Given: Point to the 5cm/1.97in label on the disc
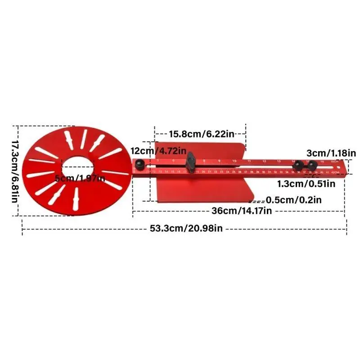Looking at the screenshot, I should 80,179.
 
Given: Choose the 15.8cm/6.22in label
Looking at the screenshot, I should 202,134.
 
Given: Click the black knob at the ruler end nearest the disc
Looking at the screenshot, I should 140,165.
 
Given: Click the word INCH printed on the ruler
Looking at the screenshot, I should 333,161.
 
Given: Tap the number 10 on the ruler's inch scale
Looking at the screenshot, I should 234,161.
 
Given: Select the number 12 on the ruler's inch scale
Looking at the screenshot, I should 264,161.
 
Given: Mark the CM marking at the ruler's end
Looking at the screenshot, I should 335,172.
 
